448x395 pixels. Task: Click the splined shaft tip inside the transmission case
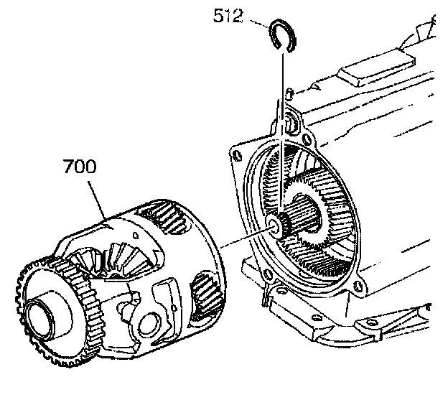tap(276, 226)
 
